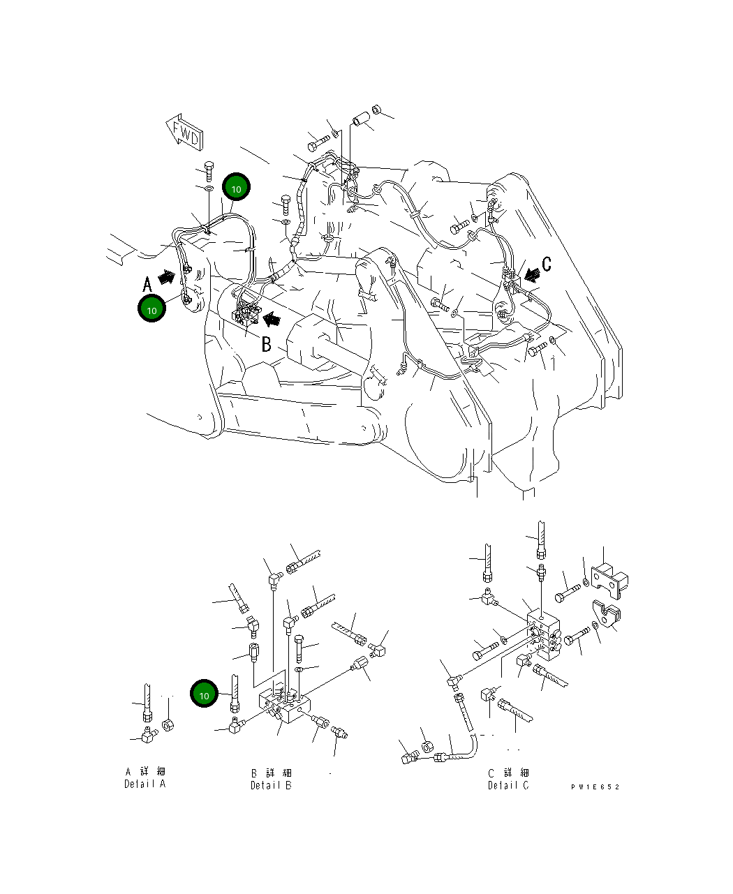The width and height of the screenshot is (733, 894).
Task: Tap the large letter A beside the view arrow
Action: tap(147, 284)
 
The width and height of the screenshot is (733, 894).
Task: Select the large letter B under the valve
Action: tap(267, 344)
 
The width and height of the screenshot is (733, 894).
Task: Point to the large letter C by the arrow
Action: tap(547, 264)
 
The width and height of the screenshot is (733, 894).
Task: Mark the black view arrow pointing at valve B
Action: tap(272, 320)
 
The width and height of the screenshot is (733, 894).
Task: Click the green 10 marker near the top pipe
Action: tap(236, 188)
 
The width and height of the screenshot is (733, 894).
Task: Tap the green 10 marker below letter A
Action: tap(151, 308)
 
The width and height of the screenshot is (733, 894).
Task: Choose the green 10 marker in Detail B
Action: tap(204, 695)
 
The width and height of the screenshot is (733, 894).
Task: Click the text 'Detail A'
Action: tap(145, 784)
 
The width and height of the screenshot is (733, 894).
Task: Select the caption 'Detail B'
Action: tap(271, 785)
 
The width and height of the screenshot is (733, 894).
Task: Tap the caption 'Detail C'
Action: tap(508, 785)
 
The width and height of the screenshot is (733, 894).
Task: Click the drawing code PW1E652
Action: tap(595, 787)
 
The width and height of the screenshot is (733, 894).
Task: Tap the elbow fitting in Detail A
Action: tap(148, 734)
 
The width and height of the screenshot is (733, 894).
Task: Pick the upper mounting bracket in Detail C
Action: tap(609, 577)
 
